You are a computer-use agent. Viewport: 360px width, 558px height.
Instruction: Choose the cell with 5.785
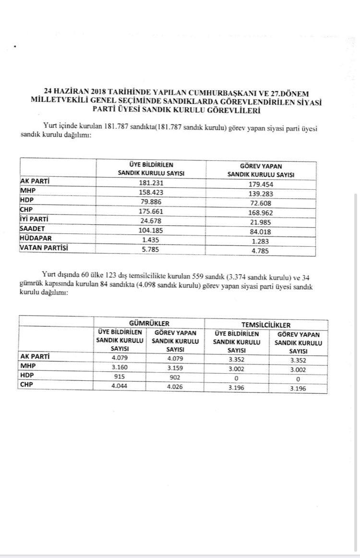click(x=151, y=249)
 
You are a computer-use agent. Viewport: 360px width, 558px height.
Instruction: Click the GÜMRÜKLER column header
click(x=149, y=324)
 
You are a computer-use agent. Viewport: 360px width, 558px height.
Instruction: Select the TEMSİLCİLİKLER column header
click(x=266, y=324)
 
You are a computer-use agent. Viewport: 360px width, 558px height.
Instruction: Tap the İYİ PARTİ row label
click(x=36, y=220)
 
